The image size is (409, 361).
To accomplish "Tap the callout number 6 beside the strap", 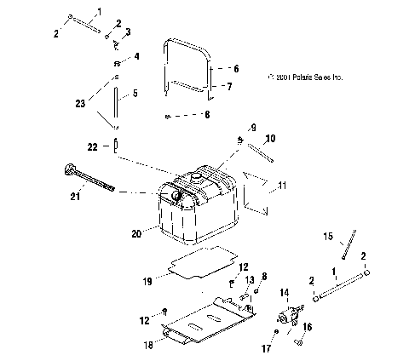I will point(236,68).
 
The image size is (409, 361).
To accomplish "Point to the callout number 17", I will point(266,347).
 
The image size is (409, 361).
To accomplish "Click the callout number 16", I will point(308,326).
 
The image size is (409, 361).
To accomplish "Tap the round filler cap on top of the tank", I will point(195,175).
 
